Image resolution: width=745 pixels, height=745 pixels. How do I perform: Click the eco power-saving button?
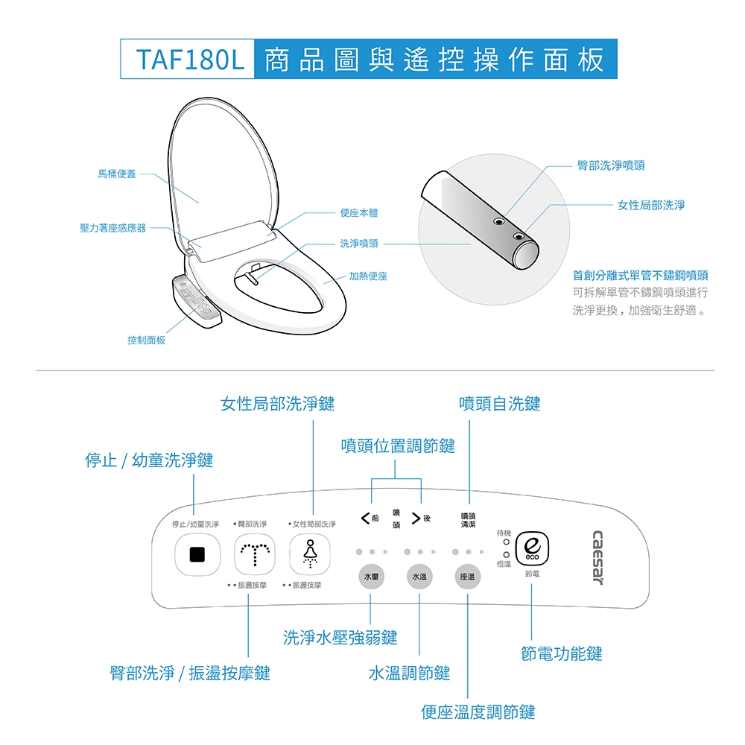532,550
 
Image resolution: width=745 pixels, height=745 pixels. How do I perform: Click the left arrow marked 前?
364,518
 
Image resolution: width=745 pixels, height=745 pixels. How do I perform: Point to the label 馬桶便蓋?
117,174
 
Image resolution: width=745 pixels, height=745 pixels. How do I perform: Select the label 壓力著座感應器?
113,227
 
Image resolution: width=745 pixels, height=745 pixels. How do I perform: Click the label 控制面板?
146,340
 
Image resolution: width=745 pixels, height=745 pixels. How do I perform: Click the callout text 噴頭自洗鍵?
500,404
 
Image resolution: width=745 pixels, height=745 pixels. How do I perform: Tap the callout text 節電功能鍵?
562,654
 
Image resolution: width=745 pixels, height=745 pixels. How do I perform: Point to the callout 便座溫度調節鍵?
478,712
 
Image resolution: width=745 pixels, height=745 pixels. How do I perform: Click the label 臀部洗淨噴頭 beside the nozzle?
611,165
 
